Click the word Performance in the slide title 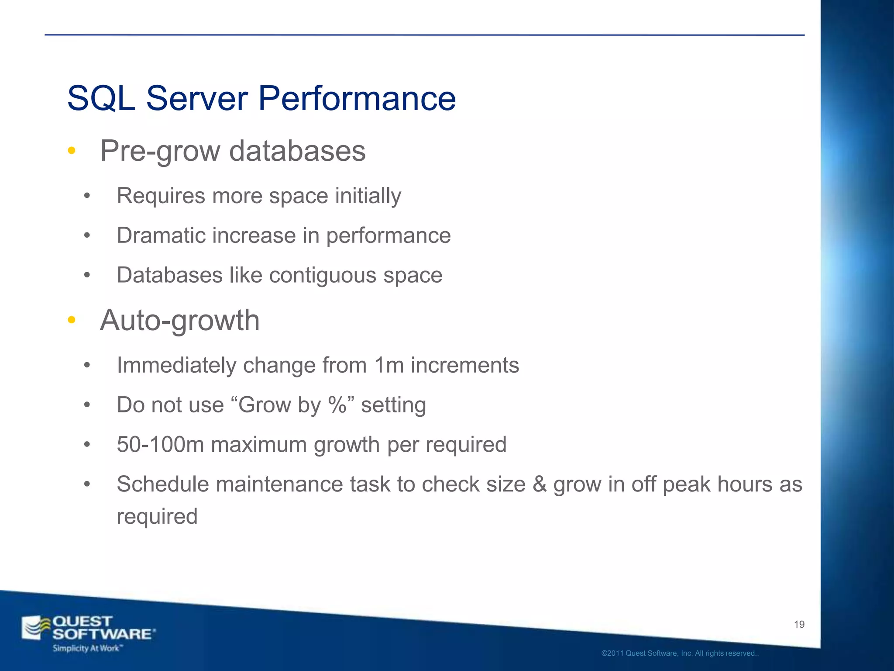pyautogui.click(x=357, y=99)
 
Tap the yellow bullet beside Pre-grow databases pyautogui.click(x=72, y=151)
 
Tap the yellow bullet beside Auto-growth pyautogui.click(x=72, y=320)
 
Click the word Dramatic pyautogui.click(x=161, y=235)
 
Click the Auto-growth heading pyautogui.click(x=180, y=320)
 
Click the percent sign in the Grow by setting pyautogui.click(x=337, y=405)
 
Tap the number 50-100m pyautogui.click(x=160, y=445)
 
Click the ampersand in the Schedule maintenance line pyautogui.click(x=540, y=484)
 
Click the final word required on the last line pyautogui.click(x=157, y=517)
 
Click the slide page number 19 pyautogui.click(x=799, y=625)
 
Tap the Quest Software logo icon pyautogui.click(x=36, y=628)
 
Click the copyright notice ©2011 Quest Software pyautogui.click(x=679, y=654)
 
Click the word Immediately pyautogui.click(x=176, y=365)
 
